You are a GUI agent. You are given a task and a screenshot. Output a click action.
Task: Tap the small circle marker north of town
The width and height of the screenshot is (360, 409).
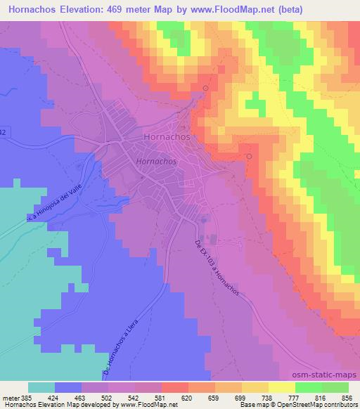[x=205, y=88]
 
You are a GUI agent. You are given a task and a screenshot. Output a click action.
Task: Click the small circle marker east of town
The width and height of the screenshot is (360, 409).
[x=249, y=156]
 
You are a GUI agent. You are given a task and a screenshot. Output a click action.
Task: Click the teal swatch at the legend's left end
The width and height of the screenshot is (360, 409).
[x=41, y=387]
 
